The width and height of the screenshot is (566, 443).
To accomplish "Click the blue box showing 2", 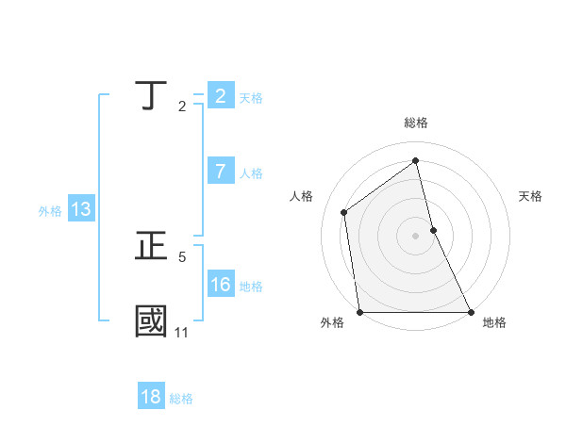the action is pos(221,95).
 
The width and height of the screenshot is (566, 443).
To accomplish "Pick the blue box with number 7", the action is pos(221,171).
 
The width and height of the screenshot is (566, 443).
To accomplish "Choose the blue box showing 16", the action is pos(221,285).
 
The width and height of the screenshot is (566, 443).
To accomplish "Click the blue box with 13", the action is pos(81,209).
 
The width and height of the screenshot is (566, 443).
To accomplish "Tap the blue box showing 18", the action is pos(151,397).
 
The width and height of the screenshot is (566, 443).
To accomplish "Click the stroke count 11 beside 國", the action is pos(181,333).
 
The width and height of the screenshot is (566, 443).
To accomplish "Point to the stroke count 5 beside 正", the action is pos(182,256).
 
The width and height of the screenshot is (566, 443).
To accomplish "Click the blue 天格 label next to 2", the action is pos(251,98).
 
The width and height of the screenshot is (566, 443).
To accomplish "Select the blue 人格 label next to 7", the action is pos(251,173).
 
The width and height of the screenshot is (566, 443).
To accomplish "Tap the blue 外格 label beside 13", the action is pos(50,212).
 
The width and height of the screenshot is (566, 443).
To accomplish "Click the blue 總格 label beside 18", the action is pos(181,400).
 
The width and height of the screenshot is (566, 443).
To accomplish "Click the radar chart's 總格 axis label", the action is pos(415,123).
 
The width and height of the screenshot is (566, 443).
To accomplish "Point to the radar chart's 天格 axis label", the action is pos(530,196).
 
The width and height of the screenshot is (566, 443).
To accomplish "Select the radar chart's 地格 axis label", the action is pos(494,322).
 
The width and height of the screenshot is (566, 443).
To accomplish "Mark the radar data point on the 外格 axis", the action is pos(360,312).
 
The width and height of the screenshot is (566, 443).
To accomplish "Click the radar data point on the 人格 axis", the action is pos(344,212).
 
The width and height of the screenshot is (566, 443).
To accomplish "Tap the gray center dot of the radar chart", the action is pos(416,236).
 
